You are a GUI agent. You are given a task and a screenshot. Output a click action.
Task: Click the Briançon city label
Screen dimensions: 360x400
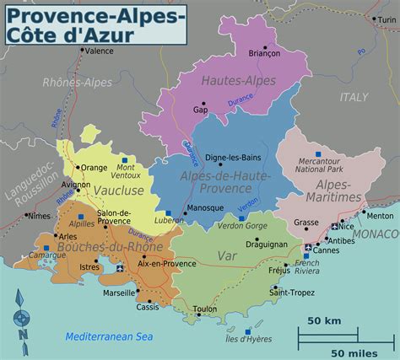point(264,53)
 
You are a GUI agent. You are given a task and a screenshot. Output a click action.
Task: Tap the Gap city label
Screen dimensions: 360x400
point(201,110)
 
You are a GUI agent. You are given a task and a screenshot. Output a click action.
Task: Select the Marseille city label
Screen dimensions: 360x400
point(118,293)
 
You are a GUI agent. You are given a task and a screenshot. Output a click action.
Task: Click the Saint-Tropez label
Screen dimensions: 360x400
point(286,292)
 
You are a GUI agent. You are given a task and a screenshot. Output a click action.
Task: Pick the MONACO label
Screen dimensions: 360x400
point(376,233)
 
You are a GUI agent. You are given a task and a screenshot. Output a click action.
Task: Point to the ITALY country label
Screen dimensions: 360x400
point(354,97)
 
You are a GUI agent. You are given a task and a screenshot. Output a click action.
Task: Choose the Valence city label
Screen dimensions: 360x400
point(100,51)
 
